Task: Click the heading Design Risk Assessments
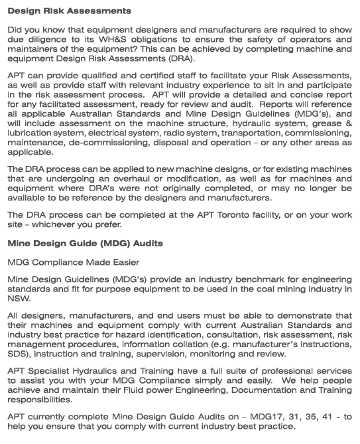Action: click(69, 11)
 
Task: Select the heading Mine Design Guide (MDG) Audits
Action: click(86, 243)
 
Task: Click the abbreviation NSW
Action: click(19, 299)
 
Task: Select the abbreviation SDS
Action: click(19, 354)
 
